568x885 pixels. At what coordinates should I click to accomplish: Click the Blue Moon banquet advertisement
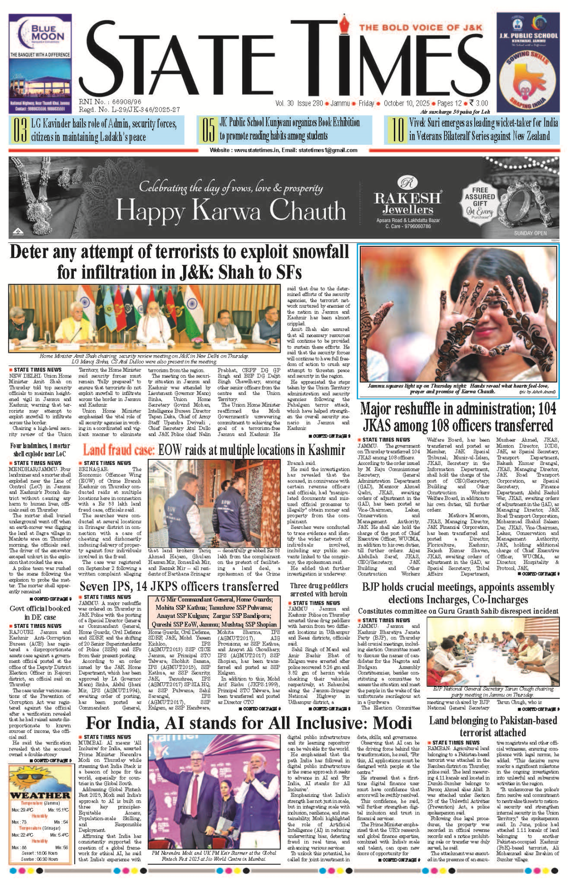pyautogui.click(x=40, y=63)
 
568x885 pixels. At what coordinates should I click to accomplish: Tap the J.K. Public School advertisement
pyautogui.click(x=528, y=63)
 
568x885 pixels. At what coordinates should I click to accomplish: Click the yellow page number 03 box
pyautogui.click(x=19, y=130)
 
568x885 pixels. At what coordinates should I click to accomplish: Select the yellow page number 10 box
pyautogui.click(x=397, y=130)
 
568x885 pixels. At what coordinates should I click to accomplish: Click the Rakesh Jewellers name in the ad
pyautogui.click(x=408, y=203)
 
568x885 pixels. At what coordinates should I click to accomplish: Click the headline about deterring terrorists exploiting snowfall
pyautogui.click(x=179, y=262)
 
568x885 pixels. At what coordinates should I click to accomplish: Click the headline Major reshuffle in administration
pyautogui.click(x=458, y=417)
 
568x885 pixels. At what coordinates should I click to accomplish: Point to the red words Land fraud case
pyautogui.click(x=119, y=449)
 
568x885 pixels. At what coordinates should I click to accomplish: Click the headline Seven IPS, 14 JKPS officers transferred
pyautogui.click(x=179, y=586)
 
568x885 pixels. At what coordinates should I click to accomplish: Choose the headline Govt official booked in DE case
pyautogui.click(x=40, y=613)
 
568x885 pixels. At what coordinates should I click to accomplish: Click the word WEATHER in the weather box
pyautogui.click(x=40, y=796)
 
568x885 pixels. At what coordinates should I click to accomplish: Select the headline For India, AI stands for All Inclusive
pyautogui.click(x=249, y=723)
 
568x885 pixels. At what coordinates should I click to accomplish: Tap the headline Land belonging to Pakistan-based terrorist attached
pyautogui.click(x=493, y=726)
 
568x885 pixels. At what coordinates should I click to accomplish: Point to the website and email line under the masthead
pyautogui.click(x=283, y=150)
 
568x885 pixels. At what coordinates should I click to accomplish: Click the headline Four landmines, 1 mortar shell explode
pyautogui.click(x=40, y=449)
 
